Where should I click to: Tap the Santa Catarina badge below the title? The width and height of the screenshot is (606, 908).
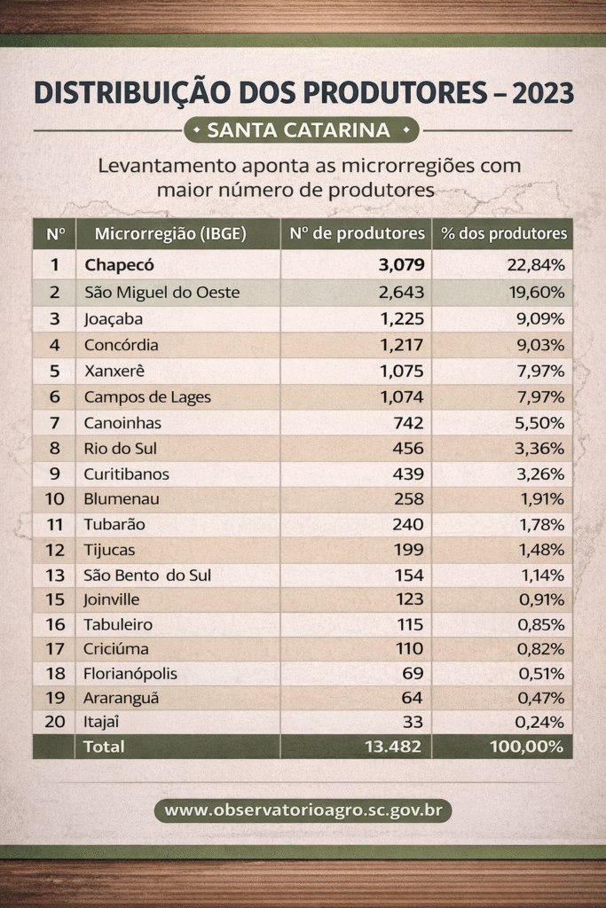(x=300, y=130)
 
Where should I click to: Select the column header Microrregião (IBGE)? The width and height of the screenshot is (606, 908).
(x=169, y=234)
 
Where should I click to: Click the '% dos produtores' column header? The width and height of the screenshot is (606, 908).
(x=504, y=234)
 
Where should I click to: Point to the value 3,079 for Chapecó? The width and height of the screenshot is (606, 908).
(x=400, y=264)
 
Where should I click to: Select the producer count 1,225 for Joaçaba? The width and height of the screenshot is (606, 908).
(x=402, y=318)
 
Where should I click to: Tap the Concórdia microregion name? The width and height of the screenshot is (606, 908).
(x=122, y=345)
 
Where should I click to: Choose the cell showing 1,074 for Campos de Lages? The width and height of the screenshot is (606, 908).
(x=402, y=397)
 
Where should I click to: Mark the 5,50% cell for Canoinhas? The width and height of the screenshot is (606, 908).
(x=541, y=423)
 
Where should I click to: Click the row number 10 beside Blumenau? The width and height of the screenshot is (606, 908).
(x=55, y=499)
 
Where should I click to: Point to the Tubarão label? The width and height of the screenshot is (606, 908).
(x=114, y=524)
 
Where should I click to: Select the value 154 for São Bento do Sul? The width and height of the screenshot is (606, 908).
(x=408, y=575)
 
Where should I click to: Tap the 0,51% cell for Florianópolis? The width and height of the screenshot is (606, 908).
(x=541, y=673)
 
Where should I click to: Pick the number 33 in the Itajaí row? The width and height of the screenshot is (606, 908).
(x=413, y=722)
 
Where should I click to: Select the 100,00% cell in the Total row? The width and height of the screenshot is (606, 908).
(x=527, y=747)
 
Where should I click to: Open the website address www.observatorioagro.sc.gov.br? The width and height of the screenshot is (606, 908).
(x=303, y=810)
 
